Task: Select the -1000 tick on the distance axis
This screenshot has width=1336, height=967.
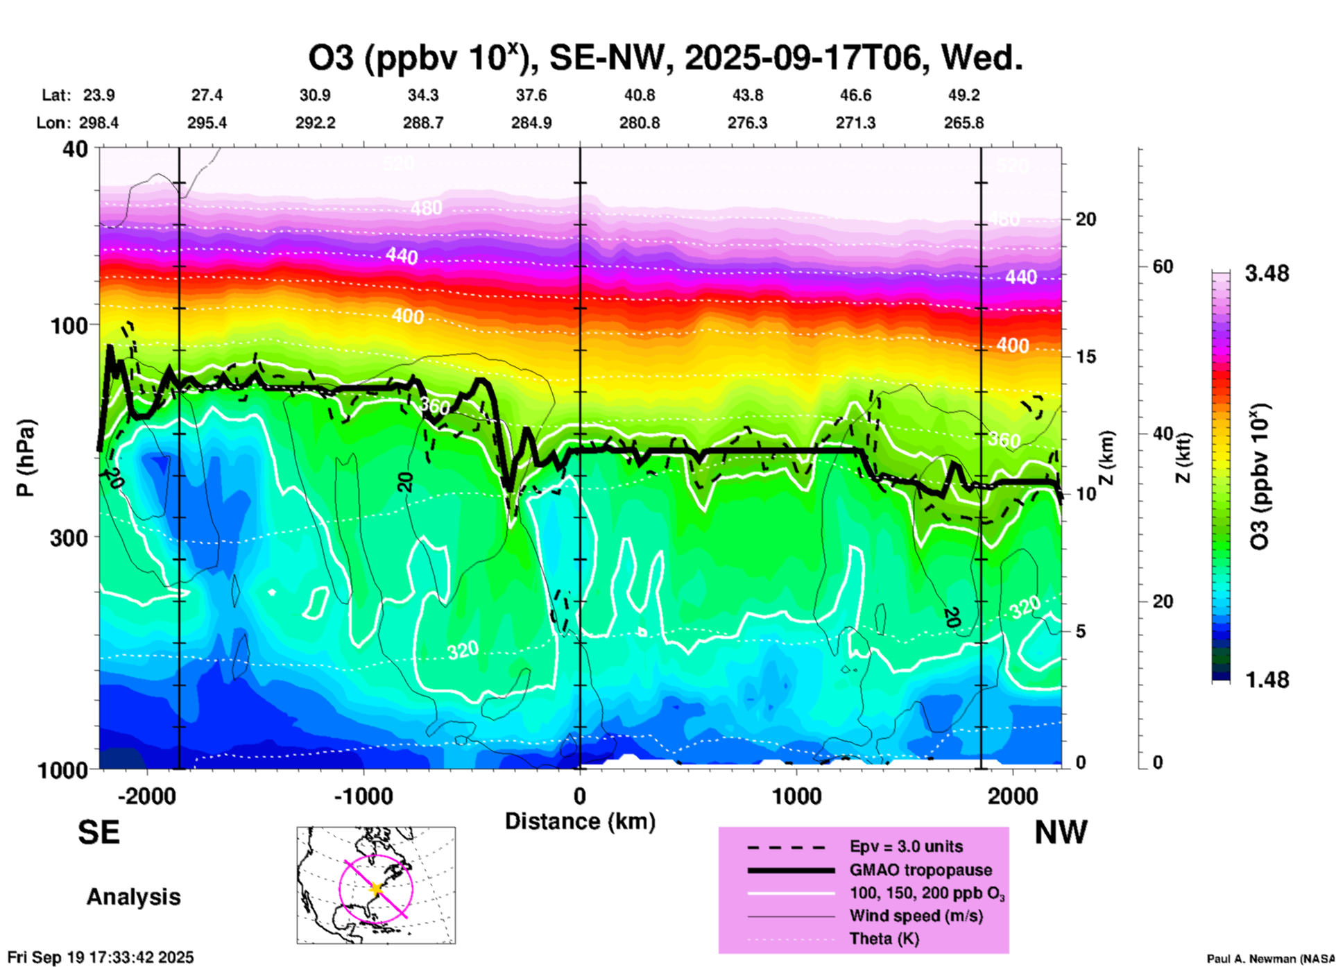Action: pos(363,796)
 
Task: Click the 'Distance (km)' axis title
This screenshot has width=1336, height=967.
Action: pos(580,821)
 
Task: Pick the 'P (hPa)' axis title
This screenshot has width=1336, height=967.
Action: pos(26,458)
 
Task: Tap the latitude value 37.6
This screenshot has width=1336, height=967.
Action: pos(531,95)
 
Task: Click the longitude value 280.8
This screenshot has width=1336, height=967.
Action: pos(640,123)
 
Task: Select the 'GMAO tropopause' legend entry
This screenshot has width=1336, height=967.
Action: pos(920,870)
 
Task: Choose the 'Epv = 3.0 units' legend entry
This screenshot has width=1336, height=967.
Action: pos(906,846)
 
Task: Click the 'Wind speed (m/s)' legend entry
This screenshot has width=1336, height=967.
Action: pos(916,916)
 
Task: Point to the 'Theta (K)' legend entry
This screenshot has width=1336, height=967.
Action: pos(884,939)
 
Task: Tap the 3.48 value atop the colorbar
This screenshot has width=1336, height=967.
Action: pos(1267,274)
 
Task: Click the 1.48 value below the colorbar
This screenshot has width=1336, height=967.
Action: pos(1267,680)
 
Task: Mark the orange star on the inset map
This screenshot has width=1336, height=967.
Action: pos(377,889)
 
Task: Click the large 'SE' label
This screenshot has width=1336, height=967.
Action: pos(99,832)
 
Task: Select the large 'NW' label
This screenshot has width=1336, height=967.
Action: pos(1061,832)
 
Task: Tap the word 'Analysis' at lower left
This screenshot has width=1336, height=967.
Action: pos(133,897)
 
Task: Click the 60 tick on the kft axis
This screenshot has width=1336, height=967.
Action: pos(1163,267)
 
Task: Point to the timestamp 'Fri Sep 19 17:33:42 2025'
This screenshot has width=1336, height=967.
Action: pos(101,957)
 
